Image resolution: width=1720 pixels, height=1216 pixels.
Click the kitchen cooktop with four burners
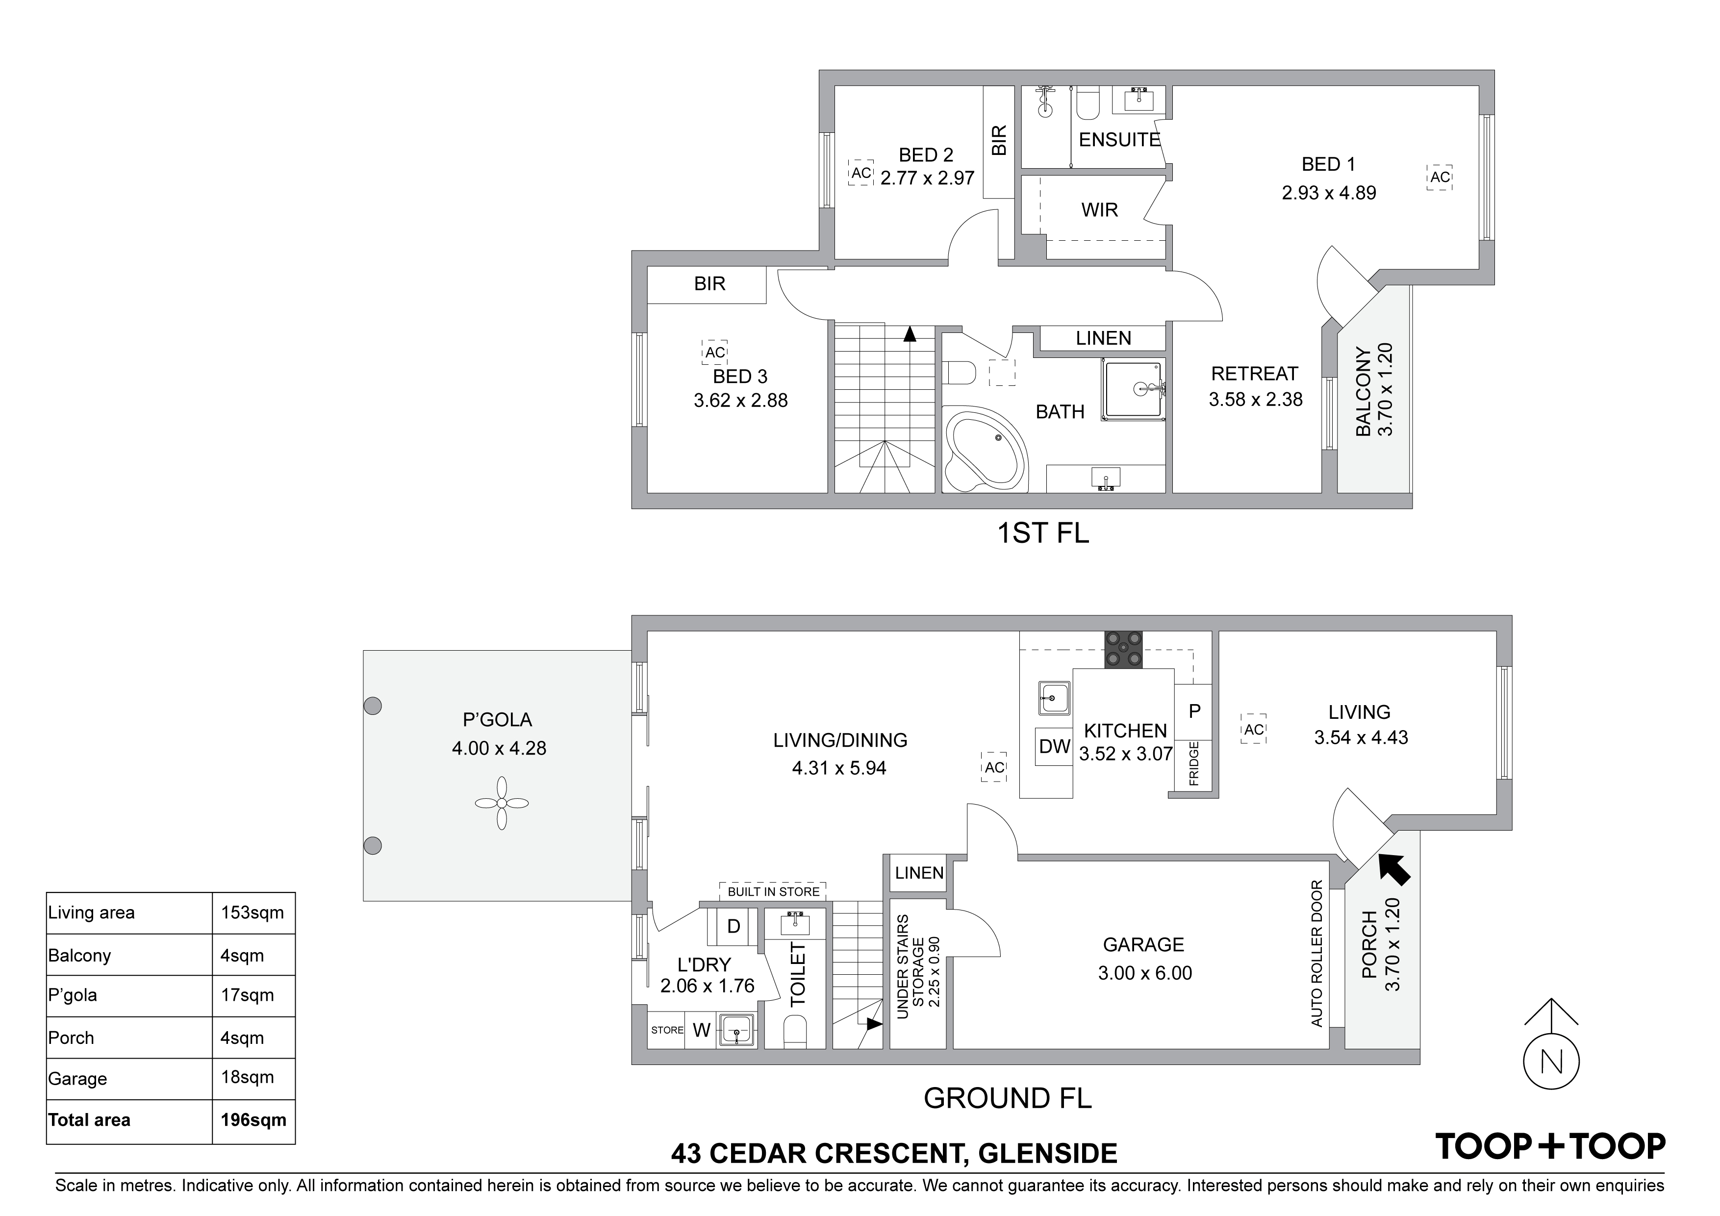pyautogui.click(x=1124, y=649)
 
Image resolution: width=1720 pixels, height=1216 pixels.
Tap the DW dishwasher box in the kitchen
pyautogui.click(x=1054, y=746)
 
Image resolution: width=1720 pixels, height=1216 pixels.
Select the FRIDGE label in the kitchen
pyautogui.click(x=1194, y=763)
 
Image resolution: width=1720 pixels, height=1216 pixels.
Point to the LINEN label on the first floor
pyautogui.click(x=1104, y=339)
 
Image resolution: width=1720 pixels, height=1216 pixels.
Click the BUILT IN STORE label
pyautogui.click(x=774, y=891)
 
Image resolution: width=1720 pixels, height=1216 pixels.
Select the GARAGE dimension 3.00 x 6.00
pyautogui.click(x=1145, y=973)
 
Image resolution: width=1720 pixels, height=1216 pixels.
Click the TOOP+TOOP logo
pyautogui.click(x=1550, y=1146)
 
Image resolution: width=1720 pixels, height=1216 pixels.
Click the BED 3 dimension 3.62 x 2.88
pyautogui.click(x=741, y=401)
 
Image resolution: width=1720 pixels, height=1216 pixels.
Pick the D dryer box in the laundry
pyautogui.click(x=734, y=927)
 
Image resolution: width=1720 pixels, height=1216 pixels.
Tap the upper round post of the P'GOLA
pyautogui.click(x=372, y=705)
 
